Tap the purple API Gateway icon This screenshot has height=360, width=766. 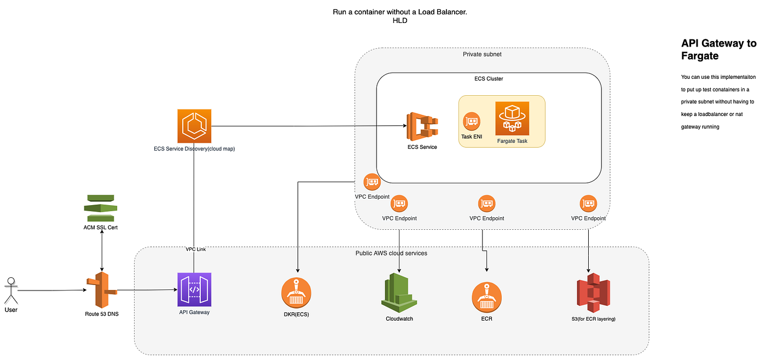point(194,290)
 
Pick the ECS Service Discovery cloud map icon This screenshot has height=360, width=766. point(194,126)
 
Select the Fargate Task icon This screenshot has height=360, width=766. point(512,119)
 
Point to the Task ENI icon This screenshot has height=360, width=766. point(471,121)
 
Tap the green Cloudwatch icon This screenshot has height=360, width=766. point(399,293)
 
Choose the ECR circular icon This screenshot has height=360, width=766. point(486,297)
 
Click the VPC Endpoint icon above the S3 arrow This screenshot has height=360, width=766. point(588,204)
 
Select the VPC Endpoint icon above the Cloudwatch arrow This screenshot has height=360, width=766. point(399,204)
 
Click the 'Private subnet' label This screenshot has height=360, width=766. point(482,54)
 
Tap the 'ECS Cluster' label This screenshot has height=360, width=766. point(489,79)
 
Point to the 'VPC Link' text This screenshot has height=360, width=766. point(195,249)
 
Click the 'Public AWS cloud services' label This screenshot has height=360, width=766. point(391,253)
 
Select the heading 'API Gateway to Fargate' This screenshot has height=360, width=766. point(718,49)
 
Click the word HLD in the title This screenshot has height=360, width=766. point(400,21)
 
